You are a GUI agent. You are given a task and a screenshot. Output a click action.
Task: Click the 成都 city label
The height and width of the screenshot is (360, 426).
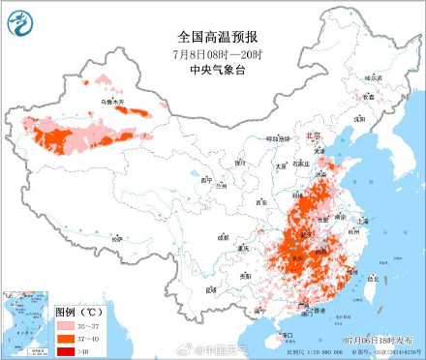(223, 236)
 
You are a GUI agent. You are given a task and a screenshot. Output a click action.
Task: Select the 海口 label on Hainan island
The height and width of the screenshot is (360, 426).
(286, 335)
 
